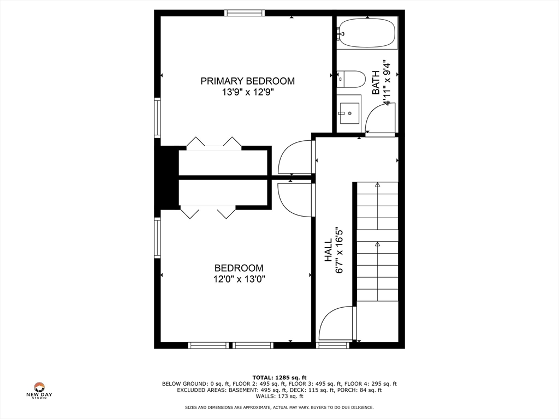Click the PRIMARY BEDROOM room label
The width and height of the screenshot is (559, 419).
pos(247,81)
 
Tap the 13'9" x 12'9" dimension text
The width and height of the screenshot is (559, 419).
pos(247,93)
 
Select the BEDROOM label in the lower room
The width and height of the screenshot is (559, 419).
pos(239,268)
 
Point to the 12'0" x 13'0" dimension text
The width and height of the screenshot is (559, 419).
pos(239,279)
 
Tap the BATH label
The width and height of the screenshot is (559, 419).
pos(376,86)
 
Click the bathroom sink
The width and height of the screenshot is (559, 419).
pos(349,113)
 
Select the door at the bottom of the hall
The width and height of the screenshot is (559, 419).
pos(337,324)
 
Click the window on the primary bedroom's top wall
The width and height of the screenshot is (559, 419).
pos(245,13)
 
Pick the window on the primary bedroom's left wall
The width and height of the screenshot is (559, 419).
pos(157,117)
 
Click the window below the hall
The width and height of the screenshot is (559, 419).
pos(332,345)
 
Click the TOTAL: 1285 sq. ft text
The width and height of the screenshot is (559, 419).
pos(279,378)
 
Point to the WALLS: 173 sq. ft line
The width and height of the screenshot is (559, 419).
pos(279,396)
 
